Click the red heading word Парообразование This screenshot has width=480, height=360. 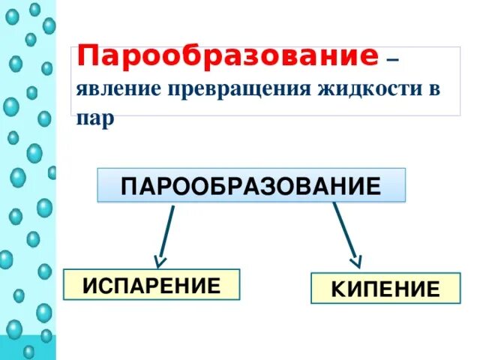tap(227, 55)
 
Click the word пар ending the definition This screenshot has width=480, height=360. tap(94, 118)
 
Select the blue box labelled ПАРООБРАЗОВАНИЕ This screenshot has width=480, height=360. tap(251, 185)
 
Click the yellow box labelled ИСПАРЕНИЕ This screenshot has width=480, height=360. tap(151, 286)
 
